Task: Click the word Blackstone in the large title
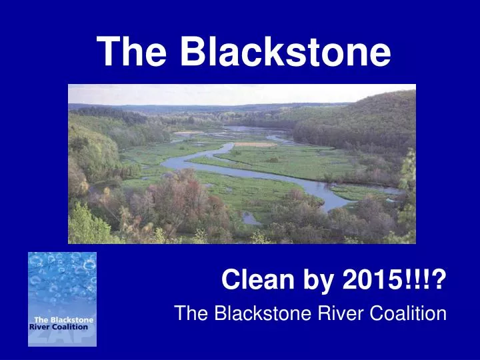285,51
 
